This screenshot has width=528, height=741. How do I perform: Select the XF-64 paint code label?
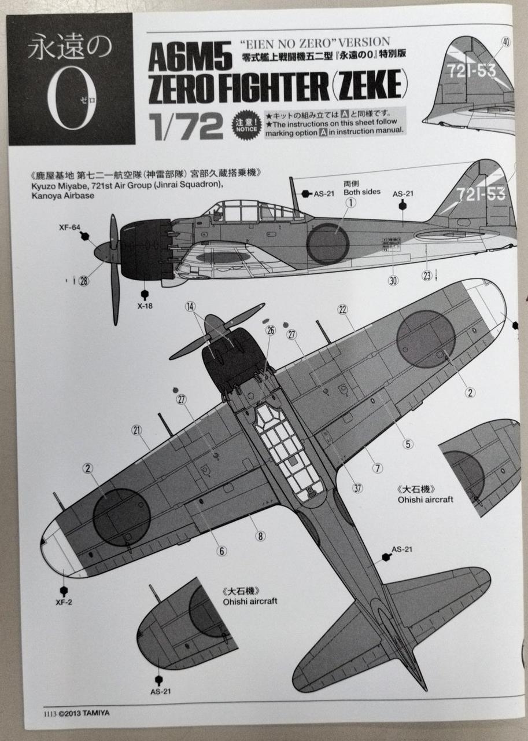(x=69, y=228)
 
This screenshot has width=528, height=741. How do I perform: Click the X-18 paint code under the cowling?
(x=144, y=306)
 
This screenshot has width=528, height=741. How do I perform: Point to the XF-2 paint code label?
(x=65, y=601)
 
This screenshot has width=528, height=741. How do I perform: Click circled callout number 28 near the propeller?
(x=84, y=281)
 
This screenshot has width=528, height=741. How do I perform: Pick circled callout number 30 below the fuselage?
(x=393, y=280)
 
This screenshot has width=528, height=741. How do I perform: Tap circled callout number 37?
(x=357, y=488)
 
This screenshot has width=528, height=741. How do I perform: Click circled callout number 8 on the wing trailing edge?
(x=261, y=536)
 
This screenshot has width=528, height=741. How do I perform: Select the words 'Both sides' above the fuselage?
(x=362, y=192)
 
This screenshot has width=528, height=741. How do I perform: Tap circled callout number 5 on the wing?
(x=408, y=444)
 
